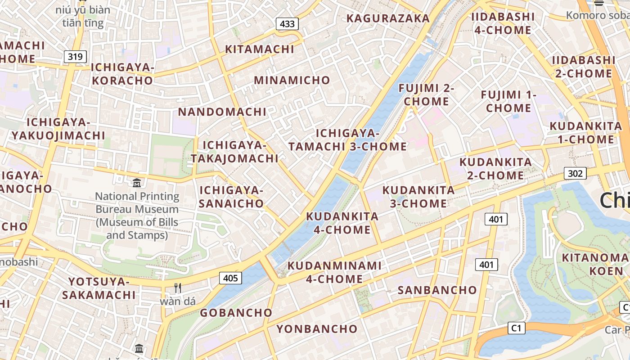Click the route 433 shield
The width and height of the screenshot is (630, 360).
pyautogui.click(x=287, y=24)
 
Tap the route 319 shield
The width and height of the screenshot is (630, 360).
pyautogui.click(x=75, y=57)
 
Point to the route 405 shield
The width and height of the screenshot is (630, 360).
pyautogui.click(x=230, y=278)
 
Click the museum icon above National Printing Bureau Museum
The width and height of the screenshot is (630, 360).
pyautogui.click(x=137, y=183)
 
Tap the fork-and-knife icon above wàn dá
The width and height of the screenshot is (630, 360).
pyautogui.click(x=178, y=288)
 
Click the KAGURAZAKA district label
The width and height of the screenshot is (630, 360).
pyautogui.click(x=388, y=18)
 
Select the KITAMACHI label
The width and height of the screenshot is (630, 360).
pyautogui.click(x=260, y=49)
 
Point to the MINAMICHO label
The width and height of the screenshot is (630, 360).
pyautogui.click(x=292, y=80)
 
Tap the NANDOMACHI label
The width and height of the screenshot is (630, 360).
pyautogui.click(x=222, y=112)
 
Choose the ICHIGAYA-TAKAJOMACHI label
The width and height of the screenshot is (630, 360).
pyautogui.click(x=234, y=152)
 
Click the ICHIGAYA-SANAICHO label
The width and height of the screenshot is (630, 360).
pyautogui.click(x=231, y=197)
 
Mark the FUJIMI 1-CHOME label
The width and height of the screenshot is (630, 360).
pyautogui.click(x=508, y=101)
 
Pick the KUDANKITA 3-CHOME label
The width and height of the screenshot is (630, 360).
pyautogui.click(x=418, y=197)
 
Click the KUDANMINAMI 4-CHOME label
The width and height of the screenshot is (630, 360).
pyautogui.click(x=334, y=272)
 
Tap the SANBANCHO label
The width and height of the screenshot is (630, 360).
pyautogui.click(x=437, y=290)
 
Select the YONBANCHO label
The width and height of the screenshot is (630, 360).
pyautogui.click(x=317, y=329)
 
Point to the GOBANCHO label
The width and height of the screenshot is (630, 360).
pyautogui.click(x=236, y=313)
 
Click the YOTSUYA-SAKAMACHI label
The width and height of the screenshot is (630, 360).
pyautogui.click(x=99, y=288)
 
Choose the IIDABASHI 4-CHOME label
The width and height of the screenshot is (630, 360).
pyautogui.click(x=503, y=23)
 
